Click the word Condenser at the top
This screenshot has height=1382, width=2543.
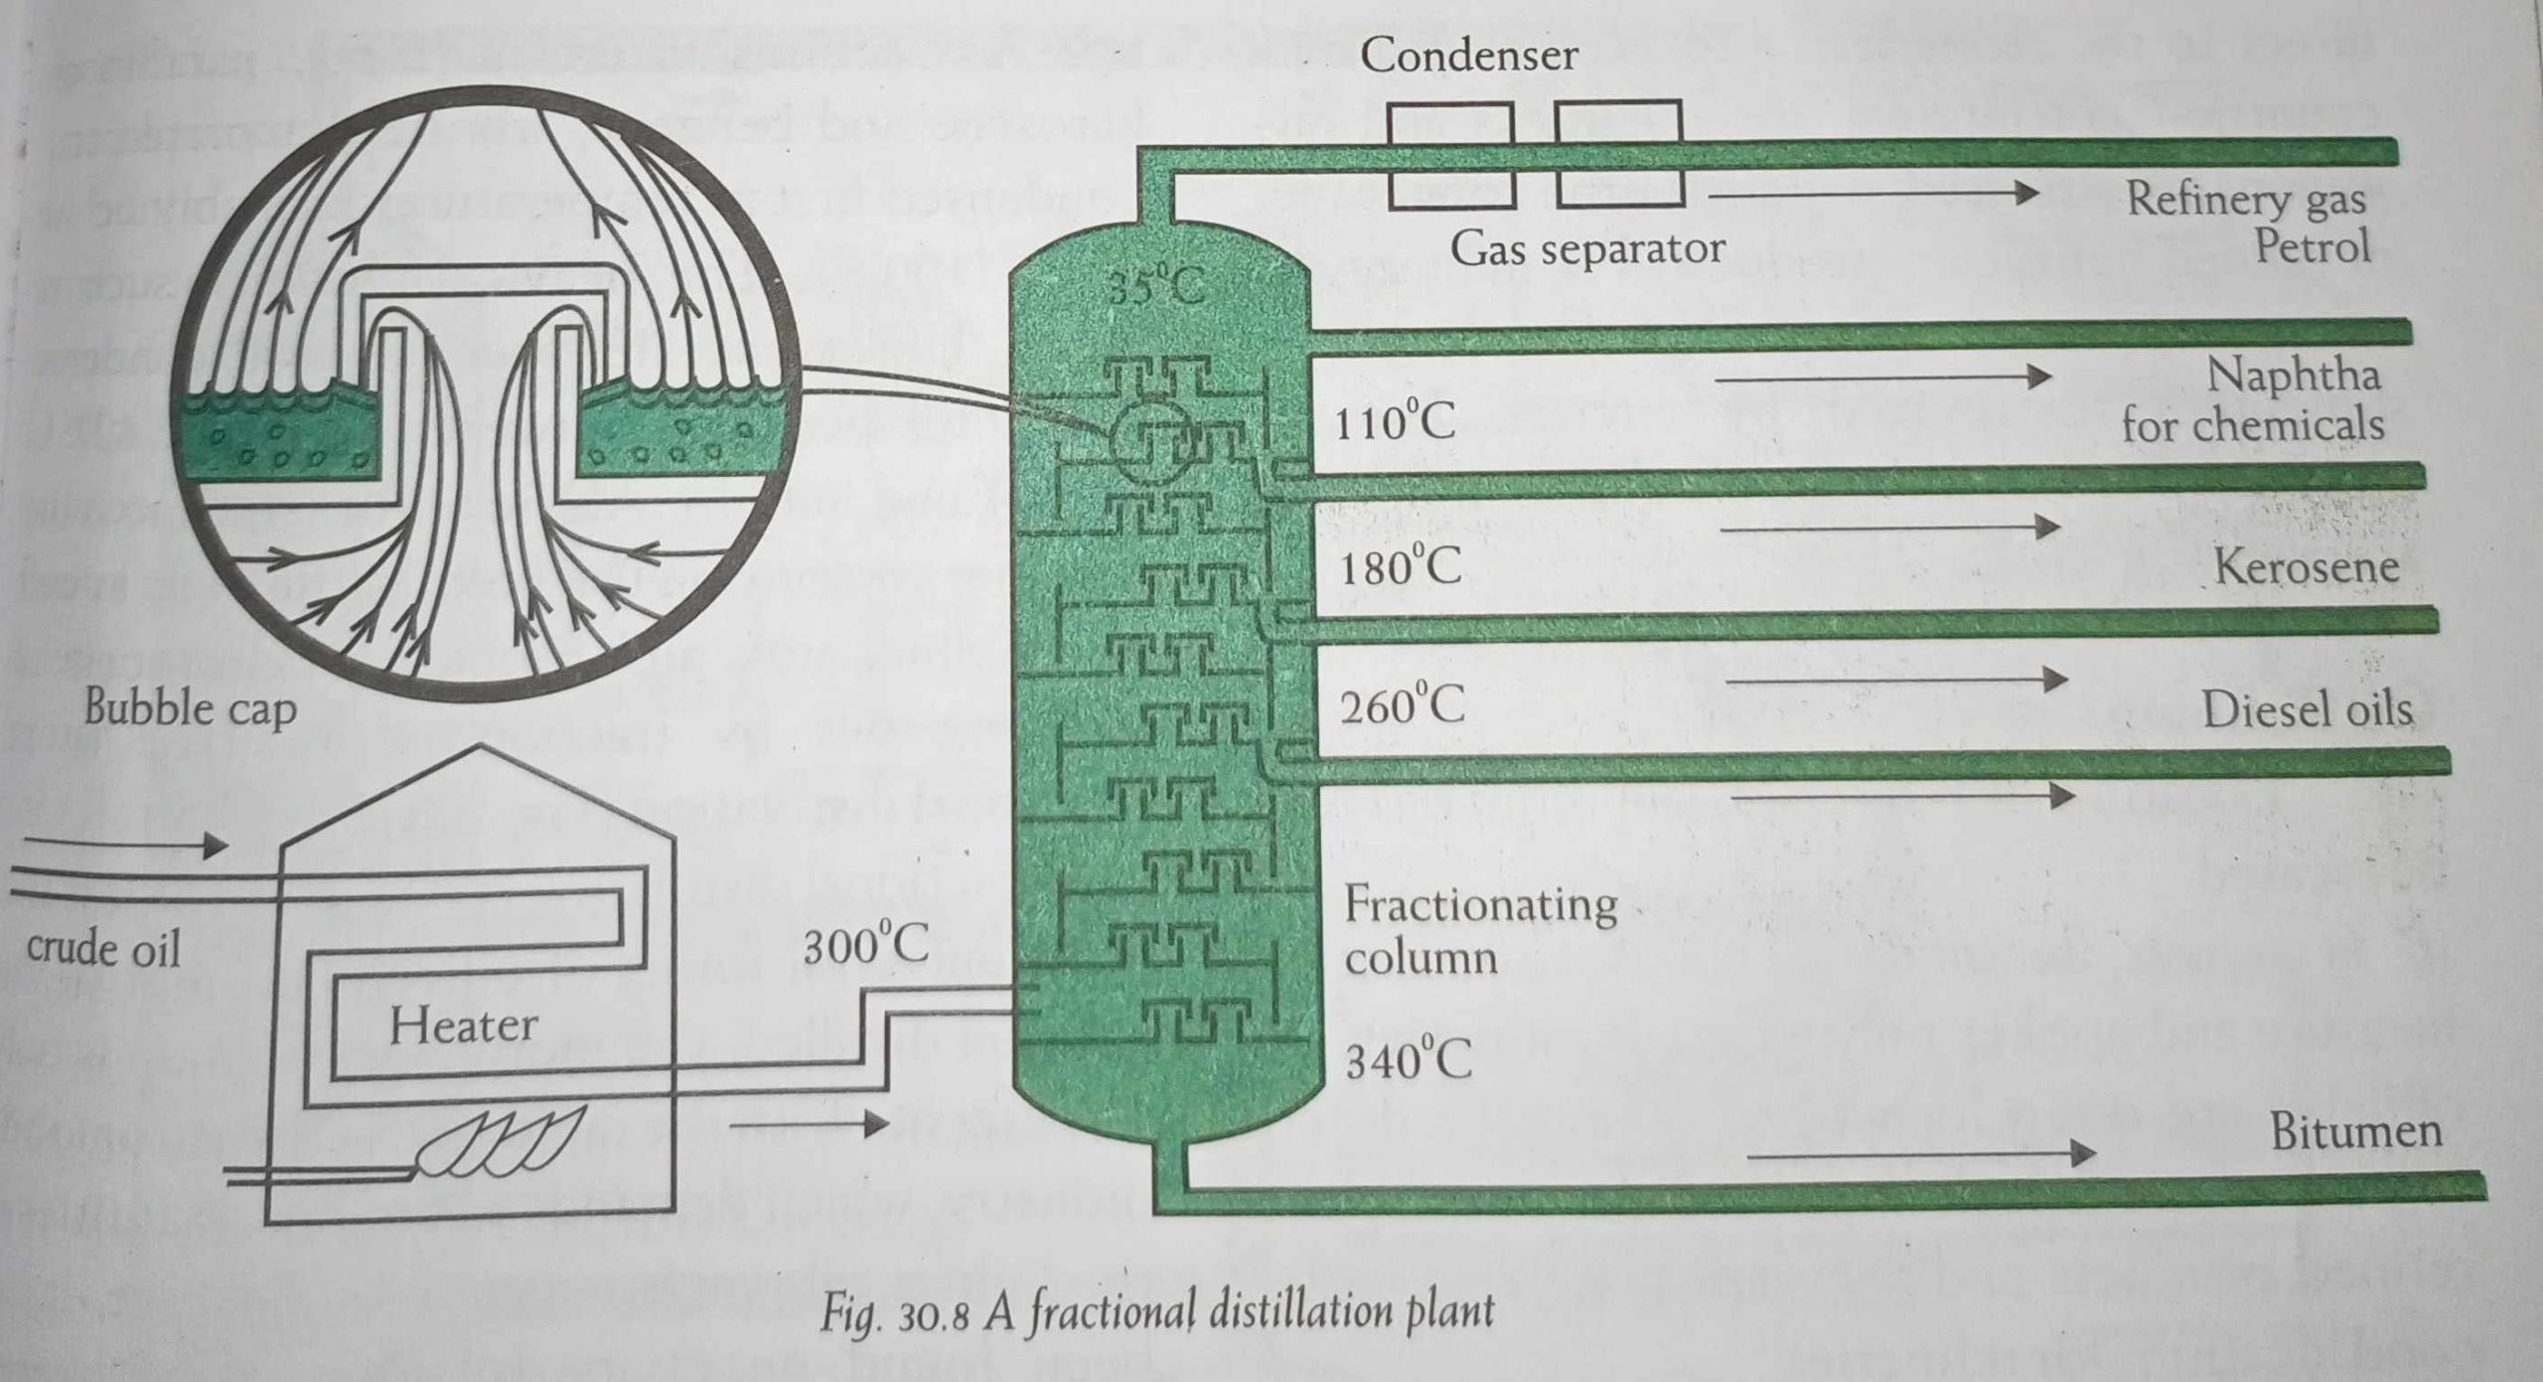(1468, 55)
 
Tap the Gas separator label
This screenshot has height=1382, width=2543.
(1586, 248)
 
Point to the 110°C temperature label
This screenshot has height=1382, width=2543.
(1395, 424)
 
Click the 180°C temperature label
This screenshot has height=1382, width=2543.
(1401, 568)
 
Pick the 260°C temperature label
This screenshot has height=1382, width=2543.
(1402, 707)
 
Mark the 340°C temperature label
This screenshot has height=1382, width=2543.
(1408, 1061)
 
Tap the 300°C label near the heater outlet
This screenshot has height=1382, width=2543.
(865, 947)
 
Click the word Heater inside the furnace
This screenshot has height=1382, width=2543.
(463, 1025)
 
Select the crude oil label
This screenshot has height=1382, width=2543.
(104, 949)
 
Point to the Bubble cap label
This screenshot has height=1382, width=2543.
(190, 708)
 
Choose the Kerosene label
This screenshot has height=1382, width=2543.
(2307, 566)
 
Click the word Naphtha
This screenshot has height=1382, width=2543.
(2293, 376)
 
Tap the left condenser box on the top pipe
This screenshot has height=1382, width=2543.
(1450, 155)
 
